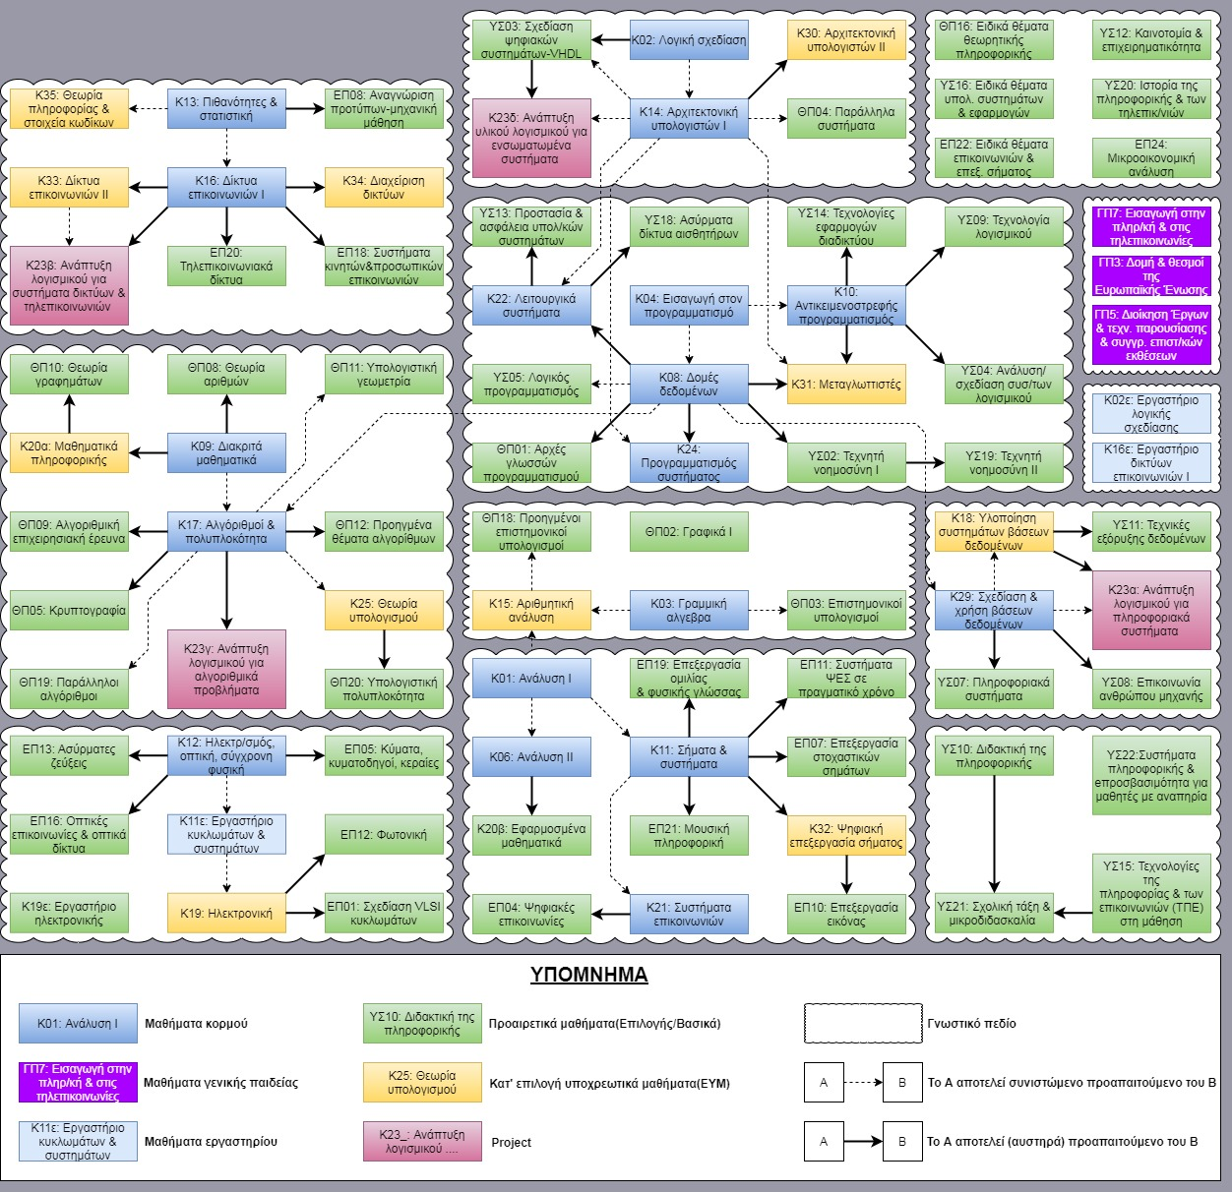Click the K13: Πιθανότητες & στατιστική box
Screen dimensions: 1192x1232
click(x=226, y=109)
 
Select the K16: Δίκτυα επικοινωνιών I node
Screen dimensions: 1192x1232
click(x=226, y=188)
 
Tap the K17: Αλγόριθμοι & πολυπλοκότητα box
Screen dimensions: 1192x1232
click(x=226, y=532)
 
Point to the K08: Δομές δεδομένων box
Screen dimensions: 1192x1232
click(x=689, y=385)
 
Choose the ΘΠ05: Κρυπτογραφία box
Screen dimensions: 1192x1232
click(x=69, y=611)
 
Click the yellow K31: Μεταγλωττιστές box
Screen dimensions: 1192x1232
click(x=846, y=385)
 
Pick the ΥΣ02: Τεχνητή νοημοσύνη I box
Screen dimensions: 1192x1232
click(x=846, y=463)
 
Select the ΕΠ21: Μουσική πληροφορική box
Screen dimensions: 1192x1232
click(x=689, y=836)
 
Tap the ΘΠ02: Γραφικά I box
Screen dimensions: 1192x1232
click(x=689, y=532)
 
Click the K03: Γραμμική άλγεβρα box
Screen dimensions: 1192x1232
click(x=689, y=611)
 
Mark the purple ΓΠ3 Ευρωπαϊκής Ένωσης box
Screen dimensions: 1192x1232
click(x=1151, y=276)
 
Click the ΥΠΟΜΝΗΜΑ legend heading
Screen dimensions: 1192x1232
click(x=588, y=975)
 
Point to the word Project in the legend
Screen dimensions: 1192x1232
click(x=511, y=1142)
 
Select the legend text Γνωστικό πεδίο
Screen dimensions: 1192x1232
click(x=971, y=1024)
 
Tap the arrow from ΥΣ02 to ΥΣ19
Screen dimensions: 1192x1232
click(x=925, y=463)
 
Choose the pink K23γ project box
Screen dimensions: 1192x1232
click(x=226, y=670)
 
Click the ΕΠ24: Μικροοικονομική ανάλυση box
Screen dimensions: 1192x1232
click(x=1151, y=158)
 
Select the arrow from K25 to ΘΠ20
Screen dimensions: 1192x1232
click(x=384, y=649)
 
